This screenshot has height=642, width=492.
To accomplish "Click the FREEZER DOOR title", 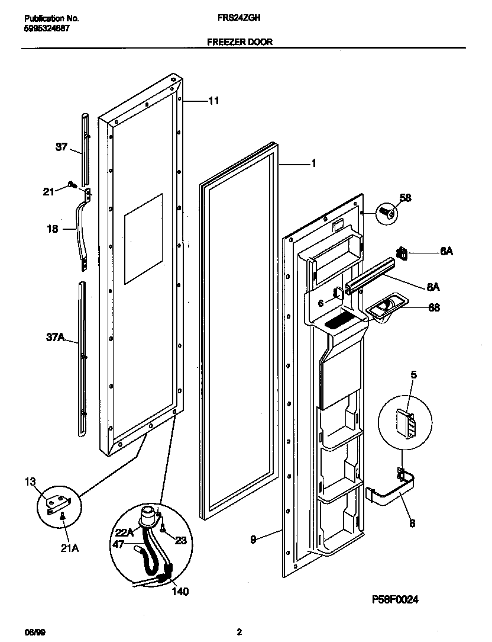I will pos(239,42).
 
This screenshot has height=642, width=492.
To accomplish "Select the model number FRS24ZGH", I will pos(239,18).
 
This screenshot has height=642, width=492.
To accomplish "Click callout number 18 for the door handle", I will pos(53,229).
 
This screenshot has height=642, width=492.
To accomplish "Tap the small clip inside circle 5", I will pos(406,423).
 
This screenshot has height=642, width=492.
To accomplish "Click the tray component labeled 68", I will pos(383,308).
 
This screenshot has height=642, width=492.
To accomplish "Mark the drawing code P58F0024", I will pos(395,599).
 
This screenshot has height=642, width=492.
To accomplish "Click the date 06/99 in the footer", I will pos(34,631).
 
